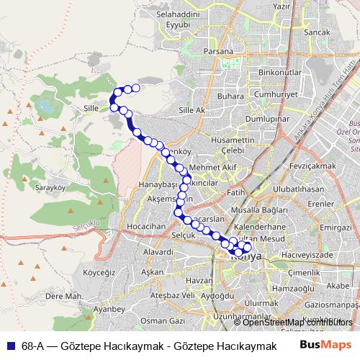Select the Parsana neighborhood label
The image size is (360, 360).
point(218,52)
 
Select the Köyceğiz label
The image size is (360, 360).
point(100,273)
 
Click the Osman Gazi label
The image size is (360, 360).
point(159,320)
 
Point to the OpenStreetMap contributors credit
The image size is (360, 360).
point(293,322)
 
